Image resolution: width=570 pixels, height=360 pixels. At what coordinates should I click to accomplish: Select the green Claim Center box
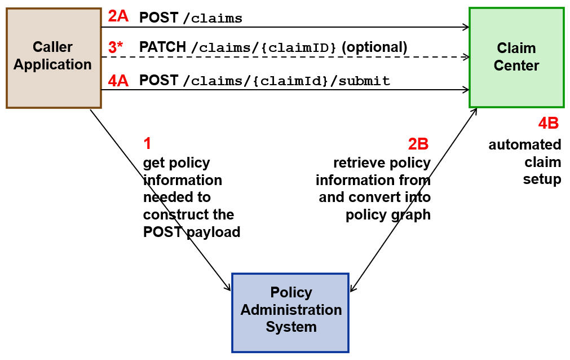pyautogui.click(x=516, y=57)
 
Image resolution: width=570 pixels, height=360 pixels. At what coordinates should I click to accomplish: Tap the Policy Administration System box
pyautogui.click(x=290, y=312)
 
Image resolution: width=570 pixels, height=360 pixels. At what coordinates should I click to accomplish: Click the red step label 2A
pyautogui.click(x=118, y=16)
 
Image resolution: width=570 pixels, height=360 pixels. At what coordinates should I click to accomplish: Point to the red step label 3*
pyautogui.click(x=116, y=47)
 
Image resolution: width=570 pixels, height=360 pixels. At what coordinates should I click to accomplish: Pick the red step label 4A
pyautogui.click(x=118, y=81)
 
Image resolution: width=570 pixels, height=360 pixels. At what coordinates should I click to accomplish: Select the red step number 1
pyautogui.click(x=148, y=144)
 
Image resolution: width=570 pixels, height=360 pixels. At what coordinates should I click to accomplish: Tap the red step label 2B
pyautogui.click(x=418, y=144)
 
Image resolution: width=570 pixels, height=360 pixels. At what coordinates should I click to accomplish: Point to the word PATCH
pyautogui.click(x=162, y=47)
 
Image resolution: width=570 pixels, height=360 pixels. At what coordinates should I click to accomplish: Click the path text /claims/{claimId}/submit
pyautogui.click(x=286, y=81)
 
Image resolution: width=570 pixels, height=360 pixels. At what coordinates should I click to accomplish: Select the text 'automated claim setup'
pyautogui.click(x=525, y=162)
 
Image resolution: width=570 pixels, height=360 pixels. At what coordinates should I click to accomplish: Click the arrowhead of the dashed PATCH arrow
pyautogui.click(x=466, y=57)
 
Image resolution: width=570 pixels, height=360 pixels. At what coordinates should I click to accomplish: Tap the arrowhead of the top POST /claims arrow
pyautogui.click(x=466, y=27)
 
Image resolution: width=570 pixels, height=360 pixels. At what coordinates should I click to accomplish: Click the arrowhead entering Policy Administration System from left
pyautogui.click(x=228, y=288)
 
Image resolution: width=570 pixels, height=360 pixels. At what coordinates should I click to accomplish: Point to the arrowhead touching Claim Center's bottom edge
pyautogui.click(x=475, y=111)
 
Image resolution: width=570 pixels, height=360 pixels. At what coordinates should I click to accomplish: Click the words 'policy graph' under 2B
pyautogui.click(x=388, y=215)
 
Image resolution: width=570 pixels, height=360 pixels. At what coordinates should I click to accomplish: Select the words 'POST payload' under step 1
pyautogui.click(x=192, y=232)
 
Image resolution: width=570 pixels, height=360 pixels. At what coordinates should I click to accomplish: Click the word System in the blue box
pyautogui.click(x=291, y=327)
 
